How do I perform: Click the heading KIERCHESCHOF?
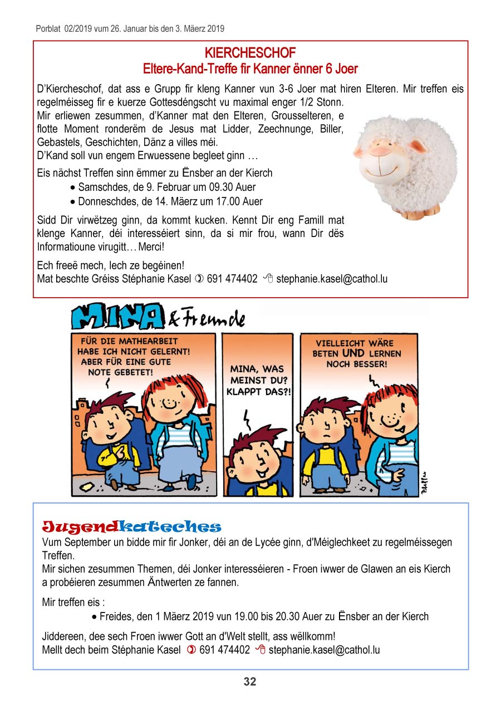click(250, 53)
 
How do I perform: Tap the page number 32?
click(250, 682)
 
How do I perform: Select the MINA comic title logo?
click(117, 317)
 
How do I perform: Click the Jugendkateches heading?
click(132, 526)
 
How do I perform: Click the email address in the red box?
click(332, 279)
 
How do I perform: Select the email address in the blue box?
click(324, 649)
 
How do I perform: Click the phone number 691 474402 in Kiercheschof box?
click(232, 279)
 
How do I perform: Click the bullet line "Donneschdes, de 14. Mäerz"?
click(170, 201)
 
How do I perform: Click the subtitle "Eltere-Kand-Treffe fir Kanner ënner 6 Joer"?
click(250, 69)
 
